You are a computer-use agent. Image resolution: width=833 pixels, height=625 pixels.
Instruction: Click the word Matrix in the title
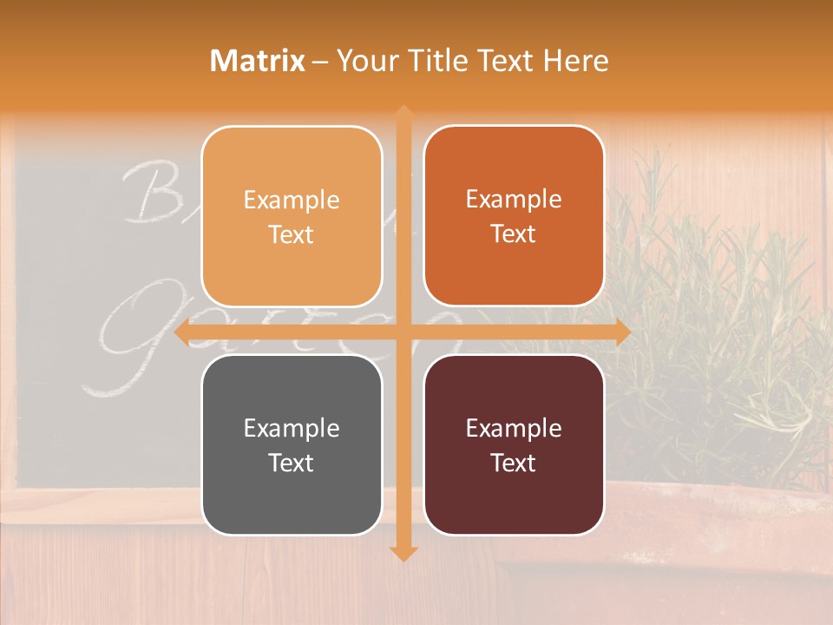[x=258, y=61]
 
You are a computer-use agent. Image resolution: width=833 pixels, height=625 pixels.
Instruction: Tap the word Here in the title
[x=575, y=61]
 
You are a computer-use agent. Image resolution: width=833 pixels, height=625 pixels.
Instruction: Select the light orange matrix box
[x=292, y=216]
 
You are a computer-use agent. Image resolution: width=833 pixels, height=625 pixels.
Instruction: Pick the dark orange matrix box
[x=514, y=216]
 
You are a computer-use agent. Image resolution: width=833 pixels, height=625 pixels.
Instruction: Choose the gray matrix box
[x=292, y=445]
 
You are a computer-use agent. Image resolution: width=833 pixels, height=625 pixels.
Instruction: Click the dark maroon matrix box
[x=514, y=445]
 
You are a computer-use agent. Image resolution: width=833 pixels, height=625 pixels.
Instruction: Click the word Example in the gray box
[x=292, y=428]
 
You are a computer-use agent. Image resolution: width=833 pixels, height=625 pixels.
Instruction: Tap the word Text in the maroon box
[x=514, y=464]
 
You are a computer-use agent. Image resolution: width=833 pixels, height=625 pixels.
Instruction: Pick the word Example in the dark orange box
[x=514, y=199]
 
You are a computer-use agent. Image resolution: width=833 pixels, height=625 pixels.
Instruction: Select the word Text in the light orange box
[x=292, y=234]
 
